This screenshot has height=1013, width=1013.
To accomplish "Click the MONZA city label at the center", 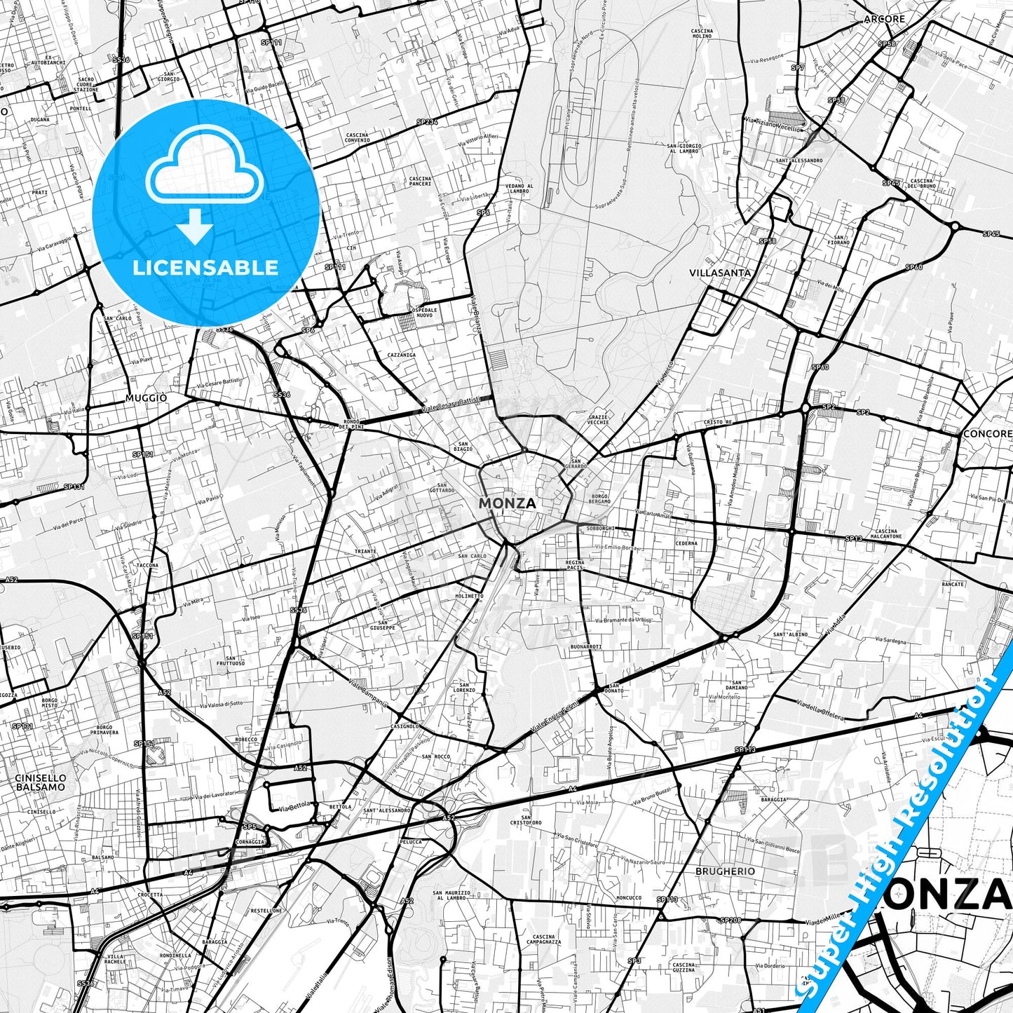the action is point(507,503).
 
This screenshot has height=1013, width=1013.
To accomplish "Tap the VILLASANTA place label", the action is point(719,273).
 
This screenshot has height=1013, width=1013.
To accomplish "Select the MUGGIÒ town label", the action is point(147,397).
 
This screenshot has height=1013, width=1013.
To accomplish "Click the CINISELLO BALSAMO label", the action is point(41,782).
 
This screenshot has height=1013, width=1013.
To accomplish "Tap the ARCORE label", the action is point(884,19).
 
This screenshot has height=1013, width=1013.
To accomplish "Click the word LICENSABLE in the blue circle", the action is point(205,267).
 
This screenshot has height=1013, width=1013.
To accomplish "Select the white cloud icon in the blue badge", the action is point(205,172).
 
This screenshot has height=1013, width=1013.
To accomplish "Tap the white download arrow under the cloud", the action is point(195,228).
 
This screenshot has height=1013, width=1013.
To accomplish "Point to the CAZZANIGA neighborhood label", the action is point(402,355).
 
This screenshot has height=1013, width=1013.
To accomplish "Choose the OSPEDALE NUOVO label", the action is point(423,312).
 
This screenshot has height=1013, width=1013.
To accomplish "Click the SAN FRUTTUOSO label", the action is point(231,660).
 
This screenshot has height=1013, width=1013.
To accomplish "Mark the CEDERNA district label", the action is point(686,543).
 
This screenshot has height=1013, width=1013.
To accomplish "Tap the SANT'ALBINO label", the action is point(790,634).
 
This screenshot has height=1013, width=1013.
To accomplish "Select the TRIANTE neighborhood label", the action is point(365,551).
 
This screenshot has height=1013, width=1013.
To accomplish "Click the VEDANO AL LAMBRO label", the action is point(519,188).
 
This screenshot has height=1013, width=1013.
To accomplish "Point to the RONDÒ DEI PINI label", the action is point(351,423).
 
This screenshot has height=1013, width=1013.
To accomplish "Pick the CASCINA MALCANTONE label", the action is point(886,533).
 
